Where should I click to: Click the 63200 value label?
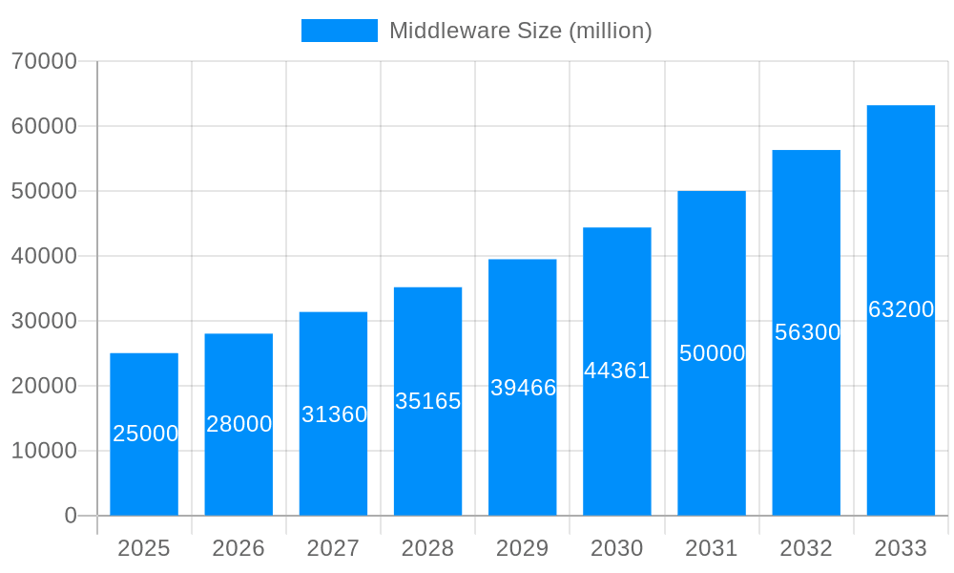(901, 309)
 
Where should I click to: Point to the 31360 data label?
(334, 414)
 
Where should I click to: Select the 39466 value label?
(523, 388)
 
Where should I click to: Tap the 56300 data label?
(807, 332)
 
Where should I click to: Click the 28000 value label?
(239, 424)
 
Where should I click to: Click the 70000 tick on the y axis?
(44, 61)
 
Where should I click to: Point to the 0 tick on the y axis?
(71, 516)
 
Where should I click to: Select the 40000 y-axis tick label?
(44, 256)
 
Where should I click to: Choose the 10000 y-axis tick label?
(44, 451)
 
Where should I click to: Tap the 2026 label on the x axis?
(238, 548)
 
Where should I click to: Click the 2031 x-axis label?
(712, 548)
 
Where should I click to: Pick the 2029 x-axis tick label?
(523, 548)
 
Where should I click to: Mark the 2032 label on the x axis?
(806, 548)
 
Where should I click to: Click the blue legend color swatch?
(340, 31)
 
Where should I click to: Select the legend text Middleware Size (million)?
(520, 31)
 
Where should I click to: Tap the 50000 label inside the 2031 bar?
(712, 353)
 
